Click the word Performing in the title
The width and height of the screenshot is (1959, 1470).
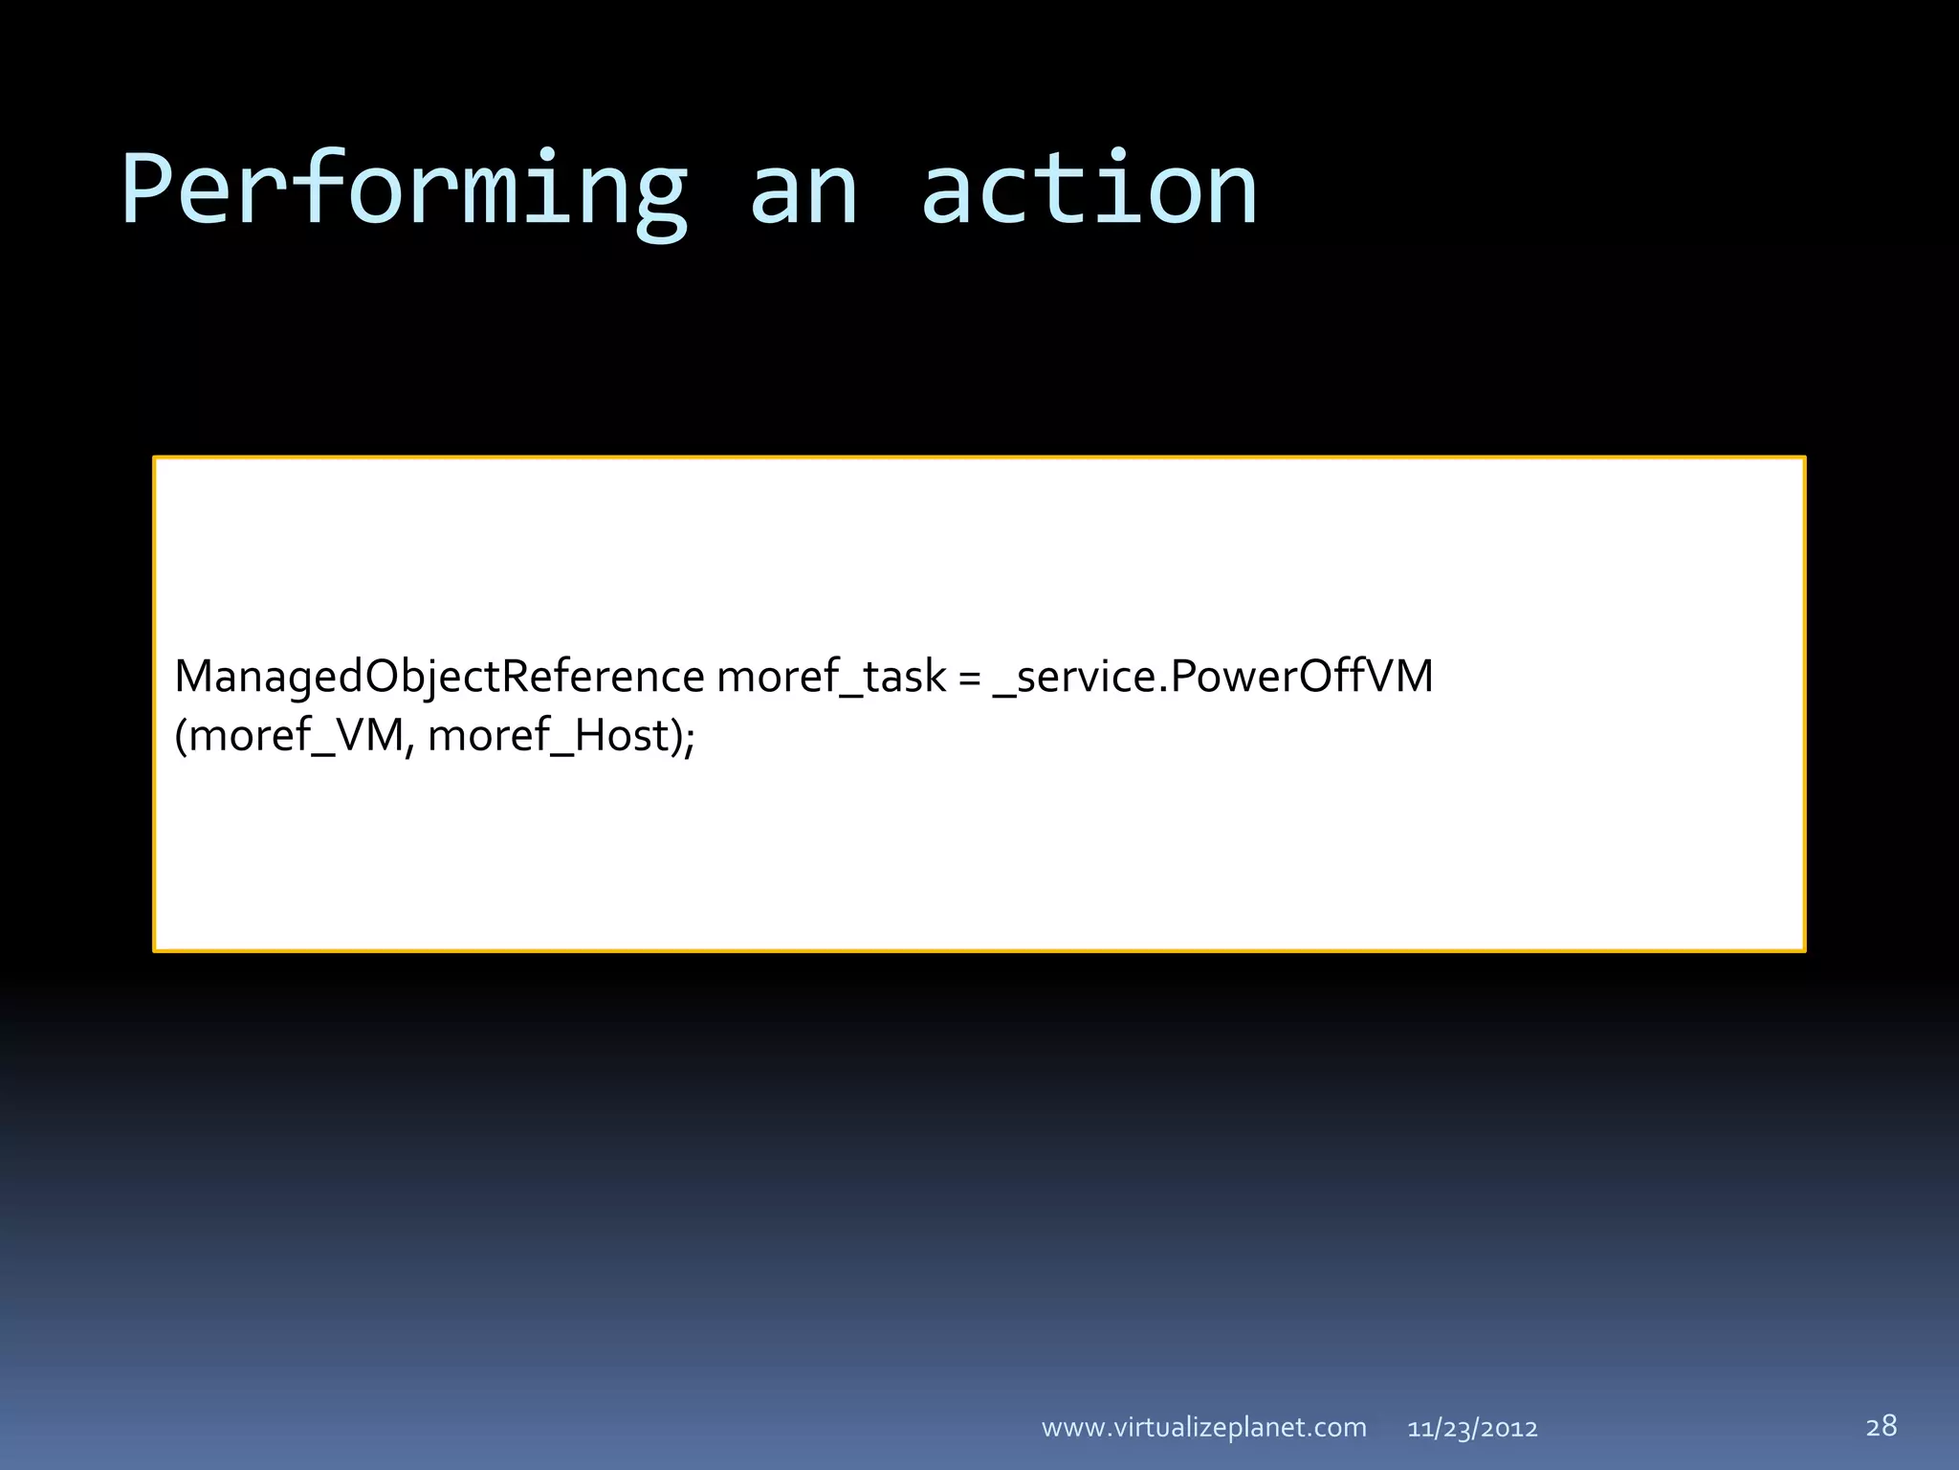[404, 191]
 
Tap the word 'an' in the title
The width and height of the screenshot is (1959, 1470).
[803, 191]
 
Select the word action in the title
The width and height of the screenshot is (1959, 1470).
[1089, 191]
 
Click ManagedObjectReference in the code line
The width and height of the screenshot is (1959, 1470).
[439, 677]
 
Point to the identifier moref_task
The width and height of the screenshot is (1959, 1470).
[830, 677]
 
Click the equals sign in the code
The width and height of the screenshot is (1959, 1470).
[969, 678]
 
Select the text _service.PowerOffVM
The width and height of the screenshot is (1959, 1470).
[1213, 677]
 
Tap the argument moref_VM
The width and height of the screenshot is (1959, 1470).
[297, 736]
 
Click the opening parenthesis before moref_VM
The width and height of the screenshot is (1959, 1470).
[182, 736]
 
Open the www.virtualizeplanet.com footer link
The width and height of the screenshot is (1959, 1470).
[1203, 1428]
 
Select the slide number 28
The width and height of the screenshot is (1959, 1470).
[1881, 1426]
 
